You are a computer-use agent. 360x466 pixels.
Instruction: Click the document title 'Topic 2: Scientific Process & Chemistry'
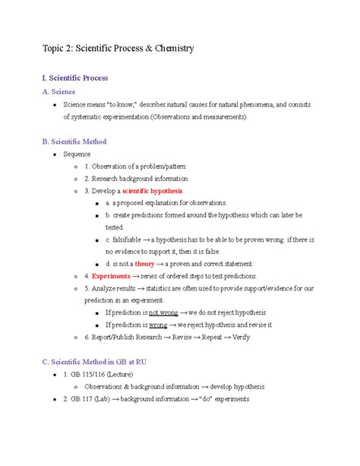tap(118, 48)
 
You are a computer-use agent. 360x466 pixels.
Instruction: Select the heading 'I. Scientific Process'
tap(75, 78)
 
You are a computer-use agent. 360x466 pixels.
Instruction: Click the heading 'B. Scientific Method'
tap(74, 141)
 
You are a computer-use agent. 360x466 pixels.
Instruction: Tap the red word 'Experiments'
tap(111, 275)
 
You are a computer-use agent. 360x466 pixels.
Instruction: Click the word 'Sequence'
tap(77, 154)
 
